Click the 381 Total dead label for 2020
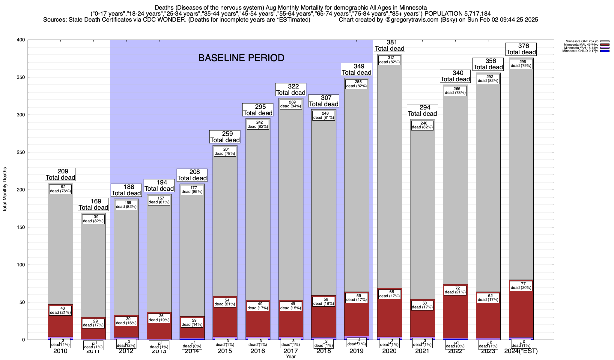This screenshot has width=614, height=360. point(389,46)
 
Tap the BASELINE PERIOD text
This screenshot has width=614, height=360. point(241,58)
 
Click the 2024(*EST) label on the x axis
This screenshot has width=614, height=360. point(521,351)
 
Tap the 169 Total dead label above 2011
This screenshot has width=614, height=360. point(93,205)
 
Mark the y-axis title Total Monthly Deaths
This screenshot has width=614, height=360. point(5,190)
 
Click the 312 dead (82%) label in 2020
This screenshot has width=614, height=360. point(389,60)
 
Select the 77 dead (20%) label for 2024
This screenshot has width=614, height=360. point(521,286)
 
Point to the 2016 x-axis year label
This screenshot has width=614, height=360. point(258,351)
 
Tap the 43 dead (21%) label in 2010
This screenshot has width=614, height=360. point(60,310)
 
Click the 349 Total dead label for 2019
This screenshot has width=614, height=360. point(356,69)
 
